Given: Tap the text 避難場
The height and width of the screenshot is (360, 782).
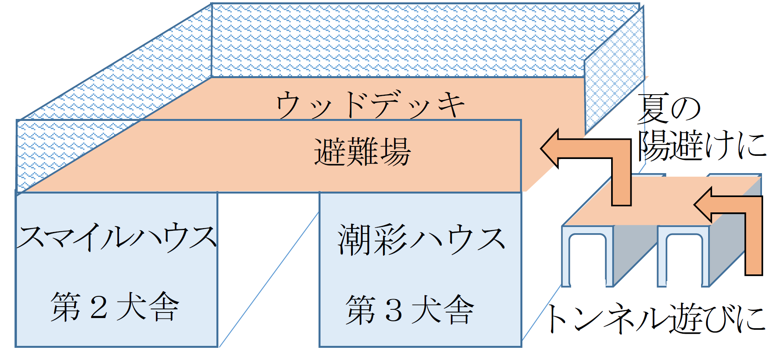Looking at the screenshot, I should tap(362, 152).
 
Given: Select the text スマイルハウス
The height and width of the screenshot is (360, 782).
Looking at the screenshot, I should tap(116, 238).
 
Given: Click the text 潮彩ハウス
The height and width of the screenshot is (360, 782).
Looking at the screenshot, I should tap(421, 239).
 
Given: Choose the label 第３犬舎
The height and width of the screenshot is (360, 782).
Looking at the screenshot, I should tap(410, 310).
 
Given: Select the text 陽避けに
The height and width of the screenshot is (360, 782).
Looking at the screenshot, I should tap(701, 145).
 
